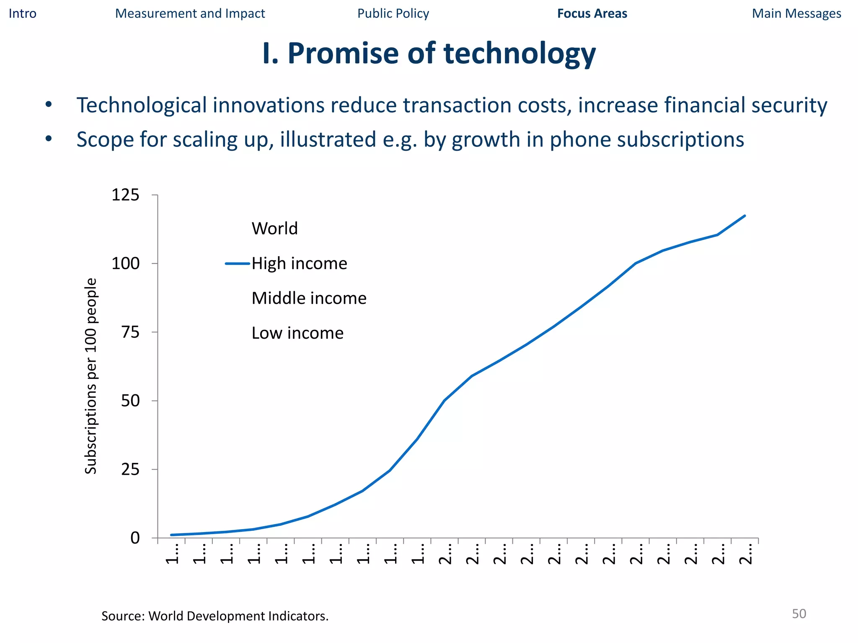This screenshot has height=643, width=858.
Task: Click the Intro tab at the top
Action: pos(23,13)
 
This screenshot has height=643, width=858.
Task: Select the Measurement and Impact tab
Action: pos(190,13)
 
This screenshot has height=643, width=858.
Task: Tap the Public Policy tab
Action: pos(393,13)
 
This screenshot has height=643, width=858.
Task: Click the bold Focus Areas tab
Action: pos(592,13)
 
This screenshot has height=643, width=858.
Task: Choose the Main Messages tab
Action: pos(796,13)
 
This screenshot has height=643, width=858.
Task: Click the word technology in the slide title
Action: pos(519,54)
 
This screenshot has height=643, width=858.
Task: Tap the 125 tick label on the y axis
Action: pos(125,195)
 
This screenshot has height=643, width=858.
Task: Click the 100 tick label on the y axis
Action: pos(125,264)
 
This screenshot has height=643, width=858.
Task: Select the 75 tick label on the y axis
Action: pos(130,332)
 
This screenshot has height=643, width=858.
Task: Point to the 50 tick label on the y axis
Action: pos(130,401)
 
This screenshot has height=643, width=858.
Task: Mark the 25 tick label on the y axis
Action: pos(130,470)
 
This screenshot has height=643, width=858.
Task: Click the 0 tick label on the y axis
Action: pos(135,538)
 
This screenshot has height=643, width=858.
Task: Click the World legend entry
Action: pos(274,229)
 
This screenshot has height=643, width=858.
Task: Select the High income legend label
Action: pos(299,264)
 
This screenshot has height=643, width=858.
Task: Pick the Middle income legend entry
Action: pos(309,298)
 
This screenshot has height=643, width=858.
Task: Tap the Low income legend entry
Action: pos(297,333)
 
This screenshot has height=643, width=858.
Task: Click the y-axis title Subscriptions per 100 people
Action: pos(90,376)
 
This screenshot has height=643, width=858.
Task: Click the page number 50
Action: pos(799,614)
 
